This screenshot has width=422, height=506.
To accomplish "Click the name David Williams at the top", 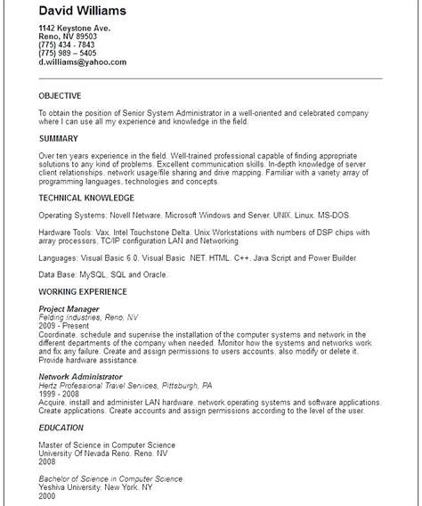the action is (82, 11).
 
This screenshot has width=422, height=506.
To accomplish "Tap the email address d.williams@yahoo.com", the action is (82, 62).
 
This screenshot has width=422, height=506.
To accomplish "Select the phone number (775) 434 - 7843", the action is (67, 45).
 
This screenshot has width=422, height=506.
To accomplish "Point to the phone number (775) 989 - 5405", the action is (67, 53).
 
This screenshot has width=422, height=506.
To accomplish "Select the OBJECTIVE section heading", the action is (61, 95).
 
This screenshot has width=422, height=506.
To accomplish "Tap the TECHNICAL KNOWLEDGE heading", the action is (87, 197).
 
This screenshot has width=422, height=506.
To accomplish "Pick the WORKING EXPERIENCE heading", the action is (84, 291).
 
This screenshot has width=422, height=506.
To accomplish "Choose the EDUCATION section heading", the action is (61, 427).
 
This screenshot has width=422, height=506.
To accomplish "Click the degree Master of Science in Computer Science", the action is (107, 444).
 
